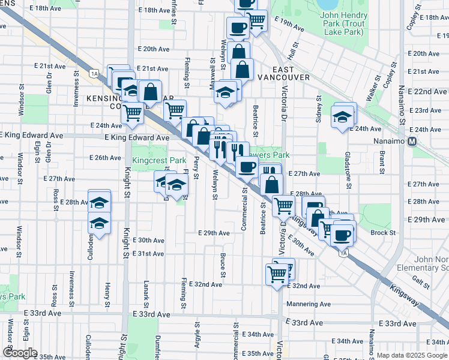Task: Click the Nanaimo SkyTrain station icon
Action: coord(412,142)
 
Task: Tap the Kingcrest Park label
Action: coord(159,161)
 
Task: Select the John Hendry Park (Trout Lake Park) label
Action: coord(342,23)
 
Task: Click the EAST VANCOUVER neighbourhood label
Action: coord(284,73)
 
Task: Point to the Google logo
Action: coord(19,353)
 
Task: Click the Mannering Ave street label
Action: coord(309,304)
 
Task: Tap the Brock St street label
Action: coord(383,233)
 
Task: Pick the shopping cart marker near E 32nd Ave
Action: coord(277,274)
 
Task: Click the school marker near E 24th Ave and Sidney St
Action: coord(342,116)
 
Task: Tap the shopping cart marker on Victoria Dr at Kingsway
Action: coord(283,206)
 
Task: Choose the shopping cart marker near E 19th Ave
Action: coord(257,20)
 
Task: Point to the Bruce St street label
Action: coord(223,268)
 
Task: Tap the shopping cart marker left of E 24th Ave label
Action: coord(132,112)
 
